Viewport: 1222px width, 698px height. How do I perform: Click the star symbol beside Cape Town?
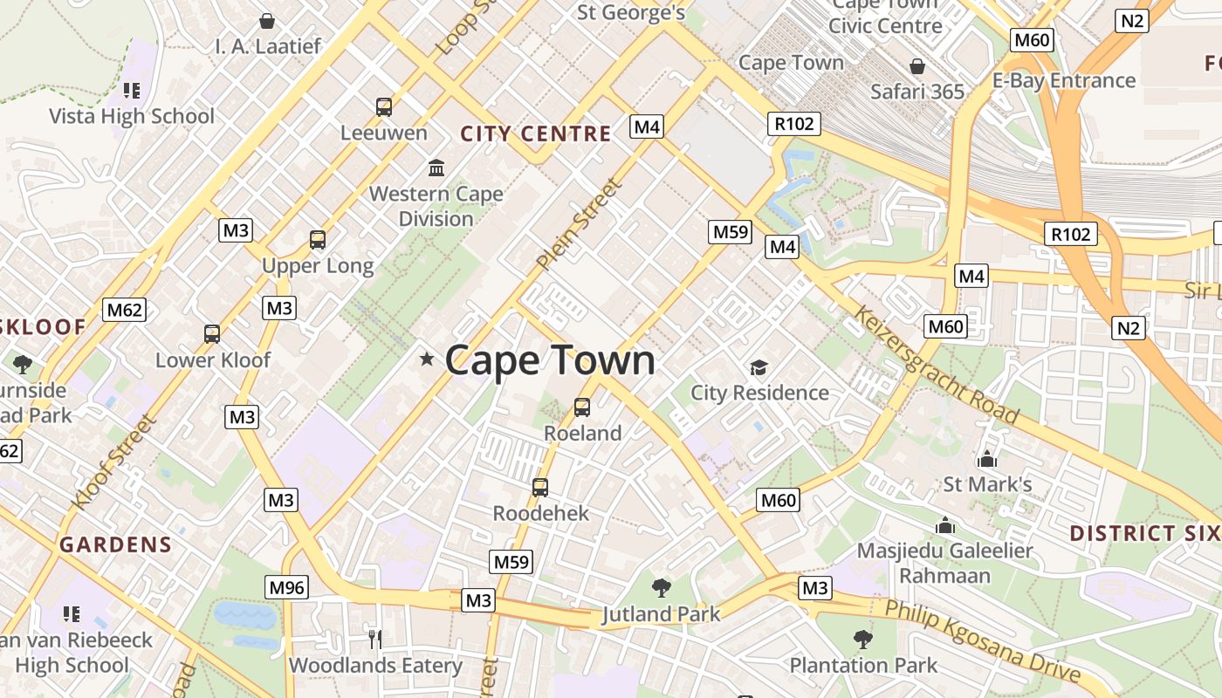[x=427, y=359]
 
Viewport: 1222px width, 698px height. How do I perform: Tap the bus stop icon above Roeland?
[x=582, y=407]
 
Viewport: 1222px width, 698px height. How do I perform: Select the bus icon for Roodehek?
[x=540, y=487]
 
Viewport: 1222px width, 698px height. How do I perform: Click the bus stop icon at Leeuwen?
[x=384, y=107]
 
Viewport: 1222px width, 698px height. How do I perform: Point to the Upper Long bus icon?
[x=318, y=239]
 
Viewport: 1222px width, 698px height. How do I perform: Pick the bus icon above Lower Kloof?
[x=212, y=333]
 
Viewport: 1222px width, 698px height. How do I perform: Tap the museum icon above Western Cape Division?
[x=436, y=167]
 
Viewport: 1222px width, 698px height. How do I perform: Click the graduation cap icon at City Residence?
[x=759, y=367]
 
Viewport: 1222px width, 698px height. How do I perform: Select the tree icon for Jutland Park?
[x=662, y=587]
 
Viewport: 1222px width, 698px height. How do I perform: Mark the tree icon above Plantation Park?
[x=863, y=639]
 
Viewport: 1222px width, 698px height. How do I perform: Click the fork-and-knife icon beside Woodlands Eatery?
[x=375, y=640]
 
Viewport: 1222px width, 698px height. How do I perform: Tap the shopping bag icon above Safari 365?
[x=917, y=66]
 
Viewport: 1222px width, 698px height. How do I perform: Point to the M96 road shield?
[x=286, y=587]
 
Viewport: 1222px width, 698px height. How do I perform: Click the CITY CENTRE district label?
[x=536, y=133]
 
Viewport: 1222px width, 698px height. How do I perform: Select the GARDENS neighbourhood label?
[x=116, y=545]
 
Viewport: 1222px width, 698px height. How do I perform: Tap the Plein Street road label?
[x=580, y=223]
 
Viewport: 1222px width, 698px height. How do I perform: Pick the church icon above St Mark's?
[x=987, y=458]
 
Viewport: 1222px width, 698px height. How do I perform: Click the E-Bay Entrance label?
[x=1064, y=81]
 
